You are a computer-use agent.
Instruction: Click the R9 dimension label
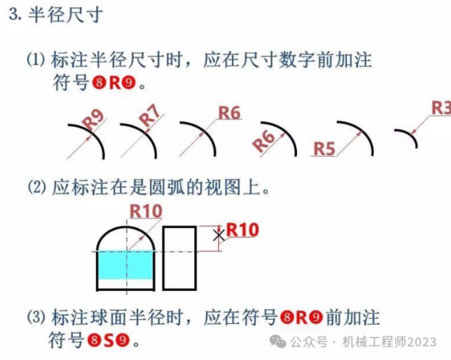[93, 120]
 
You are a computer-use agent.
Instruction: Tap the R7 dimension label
[149, 116]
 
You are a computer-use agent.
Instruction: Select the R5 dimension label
[324, 148]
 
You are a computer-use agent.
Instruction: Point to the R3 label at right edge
[441, 108]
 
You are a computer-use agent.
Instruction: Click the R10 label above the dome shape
[146, 212]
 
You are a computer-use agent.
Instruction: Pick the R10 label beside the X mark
[243, 230]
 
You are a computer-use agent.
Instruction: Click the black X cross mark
[219, 235]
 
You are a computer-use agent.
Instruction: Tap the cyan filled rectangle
[125, 265]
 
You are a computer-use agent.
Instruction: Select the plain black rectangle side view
[180, 258]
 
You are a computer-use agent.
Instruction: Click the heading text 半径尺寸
[66, 15]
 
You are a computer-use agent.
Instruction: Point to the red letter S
[108, 340]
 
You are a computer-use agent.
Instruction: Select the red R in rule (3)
[301, 317]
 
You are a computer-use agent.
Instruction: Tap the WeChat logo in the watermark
[277, 341]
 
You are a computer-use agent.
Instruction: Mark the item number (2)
[37, 188]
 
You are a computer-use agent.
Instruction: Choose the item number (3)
[36, 317]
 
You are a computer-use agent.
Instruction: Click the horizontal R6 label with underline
[230, 112]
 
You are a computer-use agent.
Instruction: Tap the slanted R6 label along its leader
[263, 141]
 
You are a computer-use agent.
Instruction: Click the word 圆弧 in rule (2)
[166, 188]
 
